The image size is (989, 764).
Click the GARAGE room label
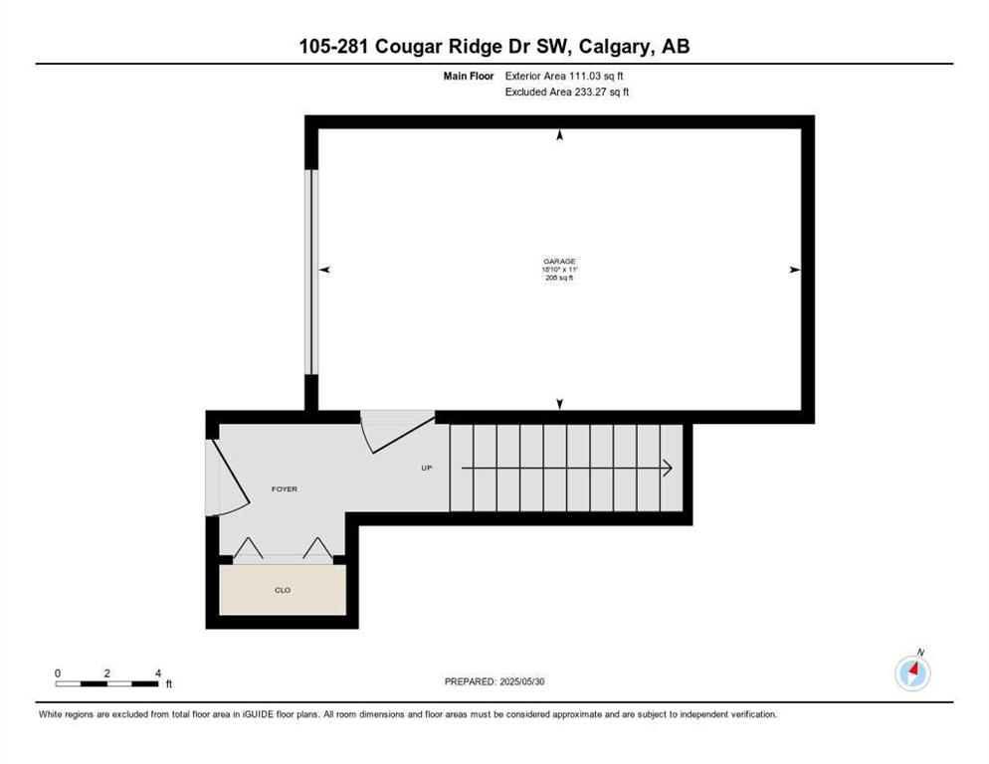[559, 262]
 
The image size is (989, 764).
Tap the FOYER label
[284, 488]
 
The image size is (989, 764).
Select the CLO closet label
[283, 590]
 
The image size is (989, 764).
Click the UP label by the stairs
[427, 468]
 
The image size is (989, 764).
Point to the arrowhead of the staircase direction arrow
[668, 469]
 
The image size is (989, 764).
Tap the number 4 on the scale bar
[157, 673]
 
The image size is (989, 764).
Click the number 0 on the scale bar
[58, 673]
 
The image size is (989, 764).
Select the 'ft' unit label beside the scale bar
[168, 683]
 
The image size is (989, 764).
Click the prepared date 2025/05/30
[521, 681]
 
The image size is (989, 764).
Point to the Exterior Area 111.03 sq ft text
[564, 76]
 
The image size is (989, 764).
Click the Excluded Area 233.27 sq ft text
[566, 92]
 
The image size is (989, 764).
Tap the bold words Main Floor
[468, 76]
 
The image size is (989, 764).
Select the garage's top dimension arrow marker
[559, 135]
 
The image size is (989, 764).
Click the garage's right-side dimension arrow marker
[795, 270]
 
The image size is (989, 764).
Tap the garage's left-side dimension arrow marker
[324, 270]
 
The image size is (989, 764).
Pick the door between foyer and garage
[397, 431]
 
